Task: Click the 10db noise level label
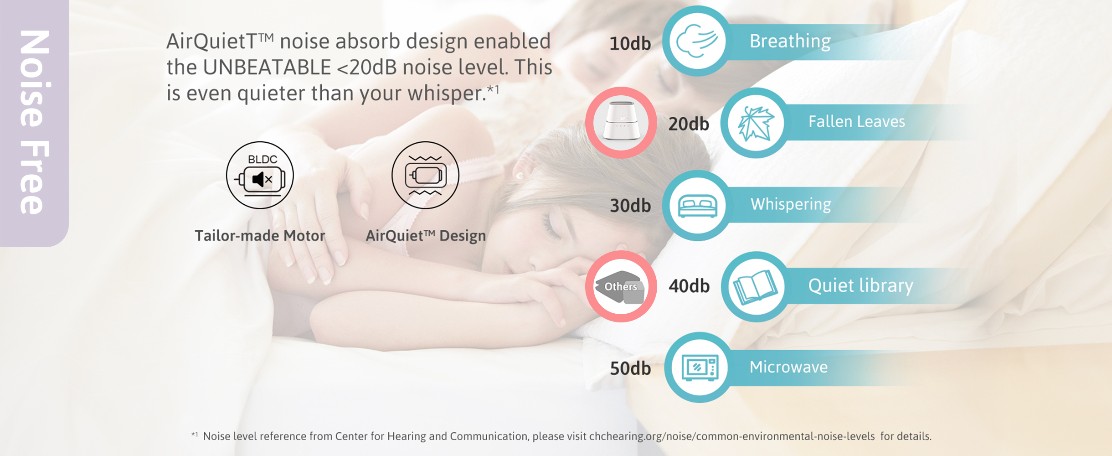pyautogui.click(x=630, y=44)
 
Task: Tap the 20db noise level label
pyautogui.click(x=689, y=124)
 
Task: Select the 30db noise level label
pyautogui.click(x=630, y=206)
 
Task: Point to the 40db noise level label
pyautogui.click(x=689, y=286)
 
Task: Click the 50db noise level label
pyautogui.click(x=630, y=368)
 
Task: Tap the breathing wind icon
pyautogui.click(x=697, y=41)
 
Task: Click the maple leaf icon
pyautogui.click(x=756, y=123)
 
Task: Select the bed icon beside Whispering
pyautogui.click(x=697, y=206)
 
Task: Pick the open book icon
pyautogui.click(x=755, y=287)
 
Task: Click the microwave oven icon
pyautogui.click(x=700, y=368)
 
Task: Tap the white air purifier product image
pyautogui.click(x=621, y=121)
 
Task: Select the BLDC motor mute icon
pyautogui.click(x=260, y=175)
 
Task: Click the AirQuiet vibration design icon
pyautogui.click(x=425, y=175)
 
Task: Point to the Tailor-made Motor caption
pyautogui.click(x=260, y=236)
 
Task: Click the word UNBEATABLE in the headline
pyautogui.click(x=267, y=67)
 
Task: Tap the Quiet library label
pyautogui.click(x=861, y=286)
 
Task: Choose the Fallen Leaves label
pyautogui.click(x=857, y=122)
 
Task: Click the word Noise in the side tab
pyautogui.click(x=35, y=78)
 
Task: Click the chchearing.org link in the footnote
pyautogui.click(x=732, y=436)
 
